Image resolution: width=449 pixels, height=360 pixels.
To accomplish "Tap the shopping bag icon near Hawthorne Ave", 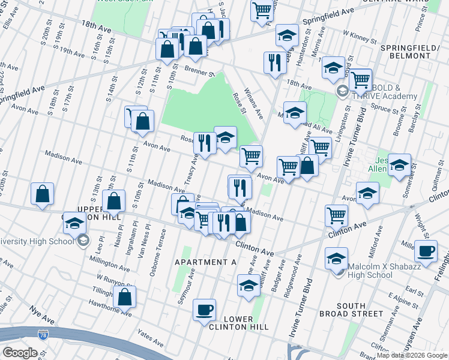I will (x=125, y=296).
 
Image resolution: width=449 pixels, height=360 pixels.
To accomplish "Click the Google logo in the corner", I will (x=20, y=352).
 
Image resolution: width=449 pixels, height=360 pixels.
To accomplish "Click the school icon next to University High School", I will (x=74, y=223).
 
